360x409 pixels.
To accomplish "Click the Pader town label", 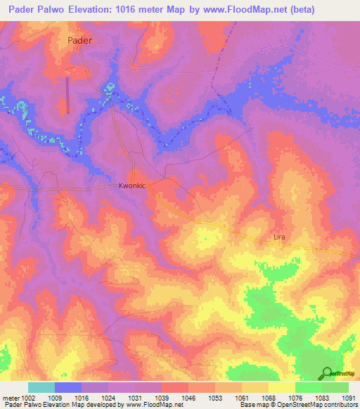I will tap(80, 40).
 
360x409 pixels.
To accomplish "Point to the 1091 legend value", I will tap(348, 398).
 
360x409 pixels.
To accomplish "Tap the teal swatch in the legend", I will tap(41, 387).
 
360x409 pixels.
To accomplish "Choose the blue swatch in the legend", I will tap(67, 387).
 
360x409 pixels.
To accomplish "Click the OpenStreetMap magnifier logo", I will tap(326, 373).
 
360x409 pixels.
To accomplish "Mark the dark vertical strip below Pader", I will tap(67, 94).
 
